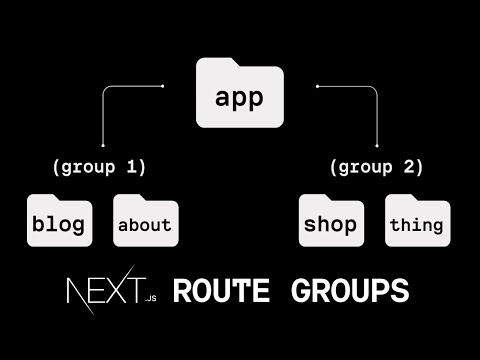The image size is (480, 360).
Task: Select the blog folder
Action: [x=58, y=223]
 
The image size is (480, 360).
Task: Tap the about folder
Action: [x=144, y=223]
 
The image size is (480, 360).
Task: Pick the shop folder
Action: [x=330, y=223]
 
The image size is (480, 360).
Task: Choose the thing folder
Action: [x=417, y=223]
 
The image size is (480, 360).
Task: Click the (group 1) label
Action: [x=105, y=166]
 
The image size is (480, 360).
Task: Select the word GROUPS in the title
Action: [x=350, y=291]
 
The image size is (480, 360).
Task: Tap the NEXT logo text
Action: [x=104, y=290]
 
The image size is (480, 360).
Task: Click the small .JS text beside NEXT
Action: [x=151, y=298]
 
